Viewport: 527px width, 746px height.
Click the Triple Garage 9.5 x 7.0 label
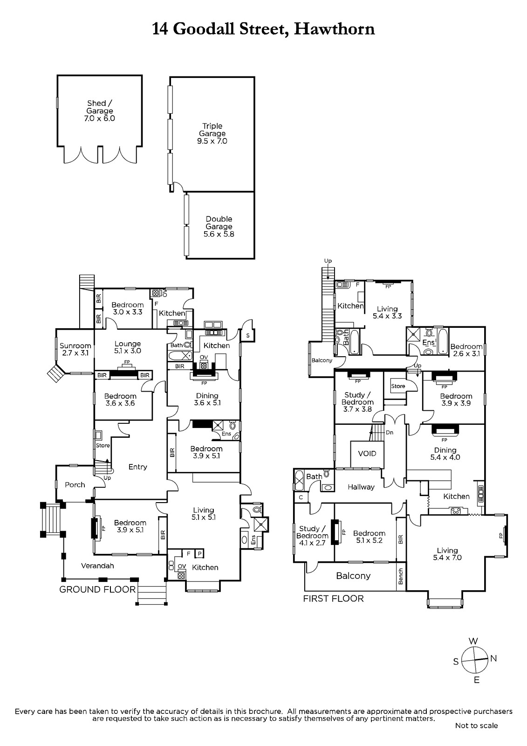212,133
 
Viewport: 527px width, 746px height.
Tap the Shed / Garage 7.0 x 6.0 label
100,111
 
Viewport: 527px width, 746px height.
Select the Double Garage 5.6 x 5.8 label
219,227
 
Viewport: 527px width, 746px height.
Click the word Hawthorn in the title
335,29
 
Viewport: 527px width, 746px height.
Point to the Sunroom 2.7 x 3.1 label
75,349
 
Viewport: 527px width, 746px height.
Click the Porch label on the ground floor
75,485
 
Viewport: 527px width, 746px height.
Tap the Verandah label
97,566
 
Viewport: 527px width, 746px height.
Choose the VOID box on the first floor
367,454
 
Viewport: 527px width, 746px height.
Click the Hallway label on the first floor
361,487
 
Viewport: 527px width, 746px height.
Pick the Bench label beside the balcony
401,576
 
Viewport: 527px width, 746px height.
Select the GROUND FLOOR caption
97,589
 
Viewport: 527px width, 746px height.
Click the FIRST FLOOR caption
333,599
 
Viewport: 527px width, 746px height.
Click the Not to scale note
476,725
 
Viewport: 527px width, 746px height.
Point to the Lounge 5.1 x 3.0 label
128,347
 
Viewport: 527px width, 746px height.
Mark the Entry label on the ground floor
137,467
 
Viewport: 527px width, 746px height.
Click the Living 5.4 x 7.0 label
447,554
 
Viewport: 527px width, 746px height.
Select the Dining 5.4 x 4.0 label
445,454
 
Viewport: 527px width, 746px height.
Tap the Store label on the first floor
398,386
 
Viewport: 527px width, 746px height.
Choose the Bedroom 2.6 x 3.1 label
466,350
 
